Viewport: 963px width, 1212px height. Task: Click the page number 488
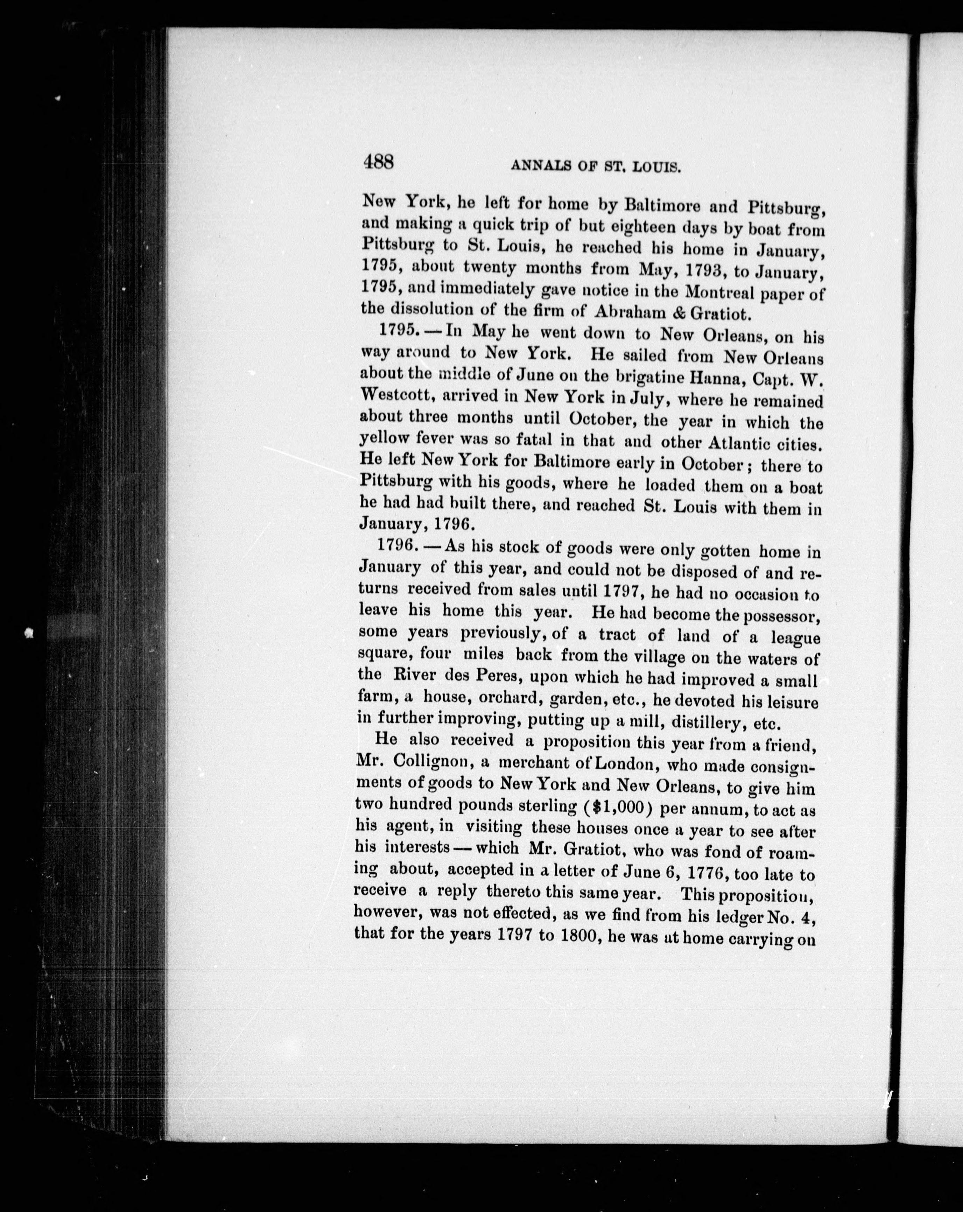click(x=379, y=162)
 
